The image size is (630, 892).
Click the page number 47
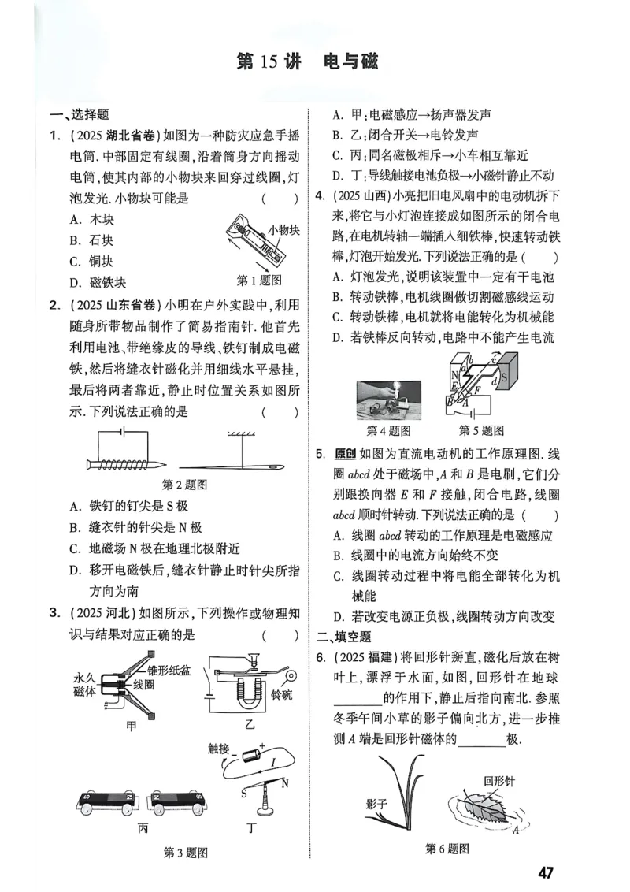tap(547, 872)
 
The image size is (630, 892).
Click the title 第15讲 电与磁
tap(307, 62)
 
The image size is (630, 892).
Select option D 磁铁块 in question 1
tap(98, 282)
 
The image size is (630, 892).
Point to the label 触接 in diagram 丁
tap(219, 749)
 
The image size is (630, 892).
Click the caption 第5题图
tap(481, 431)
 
